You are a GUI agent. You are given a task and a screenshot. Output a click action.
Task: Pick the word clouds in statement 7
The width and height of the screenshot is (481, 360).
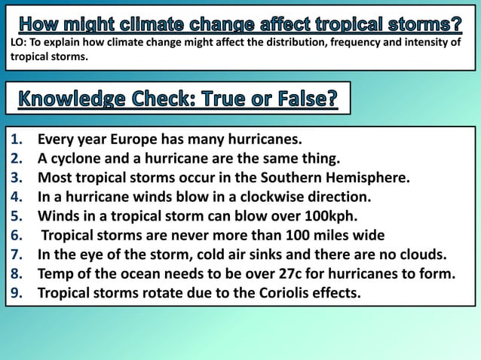coord(427,255)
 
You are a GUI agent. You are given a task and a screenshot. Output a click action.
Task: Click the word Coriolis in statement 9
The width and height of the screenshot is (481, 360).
coord(268,292)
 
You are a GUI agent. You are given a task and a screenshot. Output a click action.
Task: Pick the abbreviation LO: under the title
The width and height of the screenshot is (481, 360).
coord(19,42)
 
